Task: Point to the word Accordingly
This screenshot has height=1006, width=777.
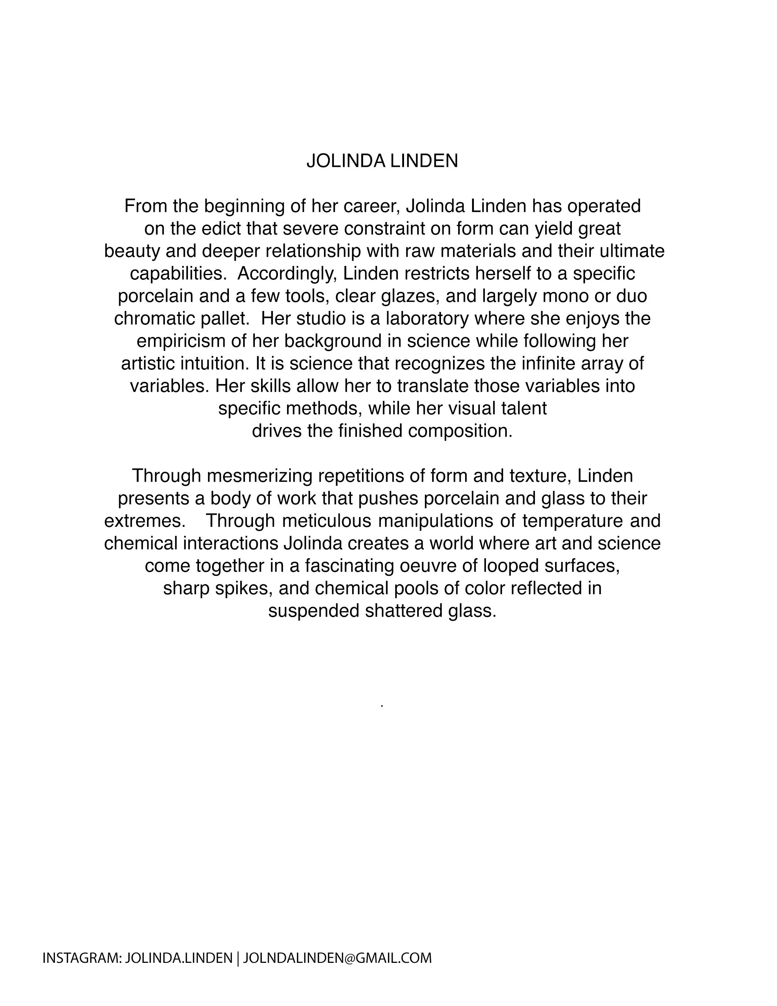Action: pos(288,274)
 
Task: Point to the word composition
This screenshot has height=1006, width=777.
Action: pos(460,431)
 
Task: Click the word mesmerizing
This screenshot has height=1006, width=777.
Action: pos(260,476)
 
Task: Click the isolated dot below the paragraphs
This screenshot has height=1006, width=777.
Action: pos(382,705)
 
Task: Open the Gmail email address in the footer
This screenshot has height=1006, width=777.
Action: pos(337,958)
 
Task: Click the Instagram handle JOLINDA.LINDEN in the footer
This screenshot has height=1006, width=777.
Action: pos(178,958)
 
